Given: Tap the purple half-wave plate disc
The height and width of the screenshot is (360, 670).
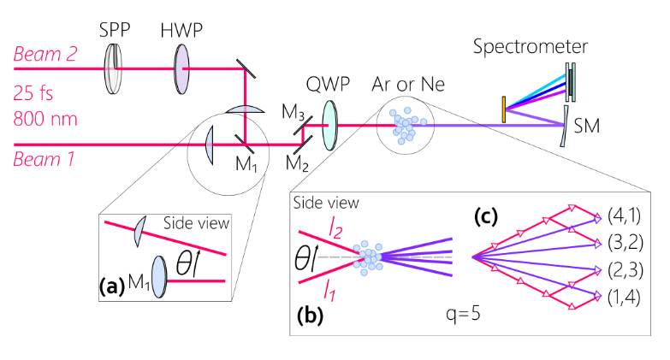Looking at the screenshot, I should [181, 62].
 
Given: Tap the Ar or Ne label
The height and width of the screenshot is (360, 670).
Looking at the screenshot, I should [411, 86].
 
